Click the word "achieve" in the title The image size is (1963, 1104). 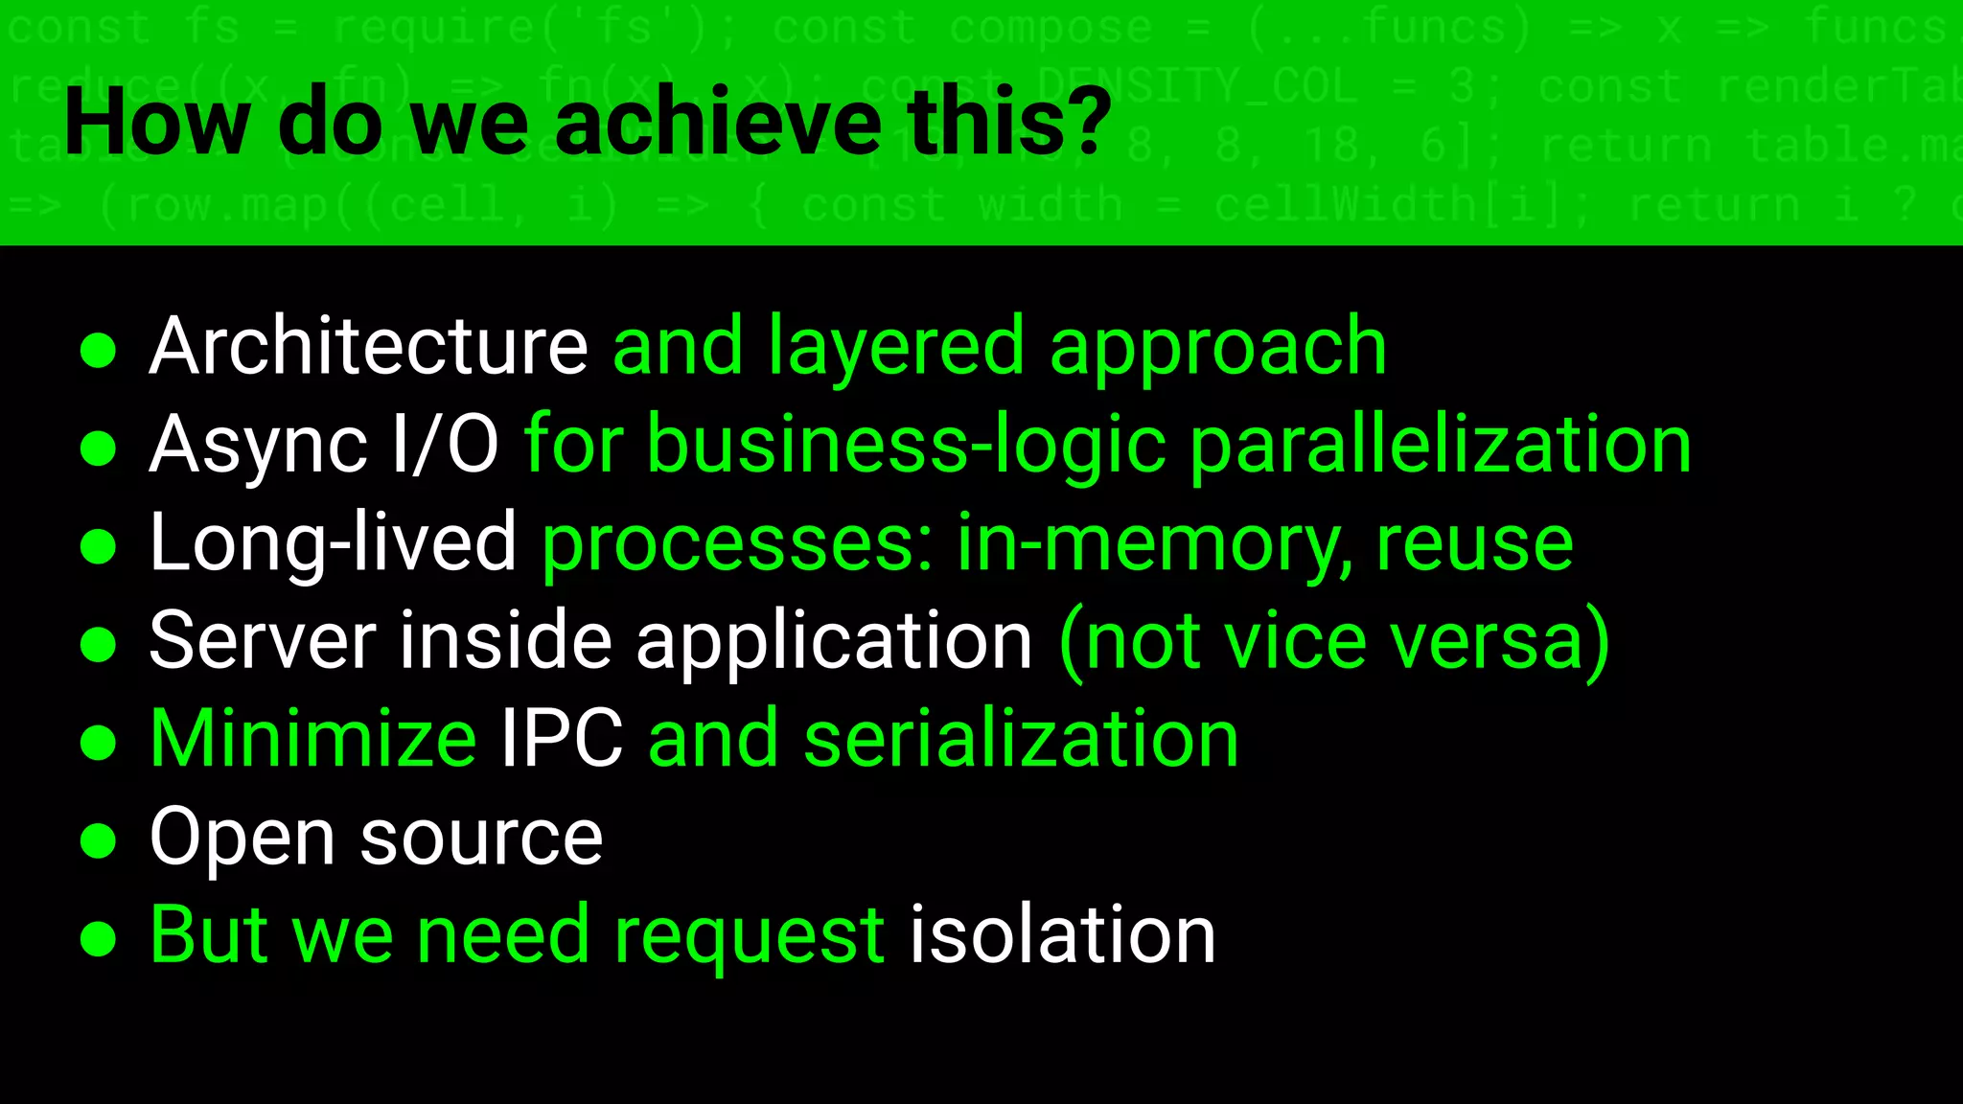pyautogui.click(x=717, y=122)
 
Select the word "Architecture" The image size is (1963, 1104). pyautogui.click(x=368, y=346)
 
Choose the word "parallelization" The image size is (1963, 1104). pyautogui.click(x=1441, y=446)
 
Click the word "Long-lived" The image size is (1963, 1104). pyautogui.click(x=333, y=543)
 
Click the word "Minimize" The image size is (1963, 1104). pyautogui.click(x=312, y=739)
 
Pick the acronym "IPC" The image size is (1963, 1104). pyautogui.click(x=562, y=739)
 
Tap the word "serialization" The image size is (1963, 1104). pyautogui.click(x=1021, y=739)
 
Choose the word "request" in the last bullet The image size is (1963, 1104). pyautogui.click(x=749, y=936)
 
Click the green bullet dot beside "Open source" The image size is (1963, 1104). pyautogui.click(x=98, y=840)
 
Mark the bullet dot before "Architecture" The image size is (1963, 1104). pyautogui.click(x=98, y=350)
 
